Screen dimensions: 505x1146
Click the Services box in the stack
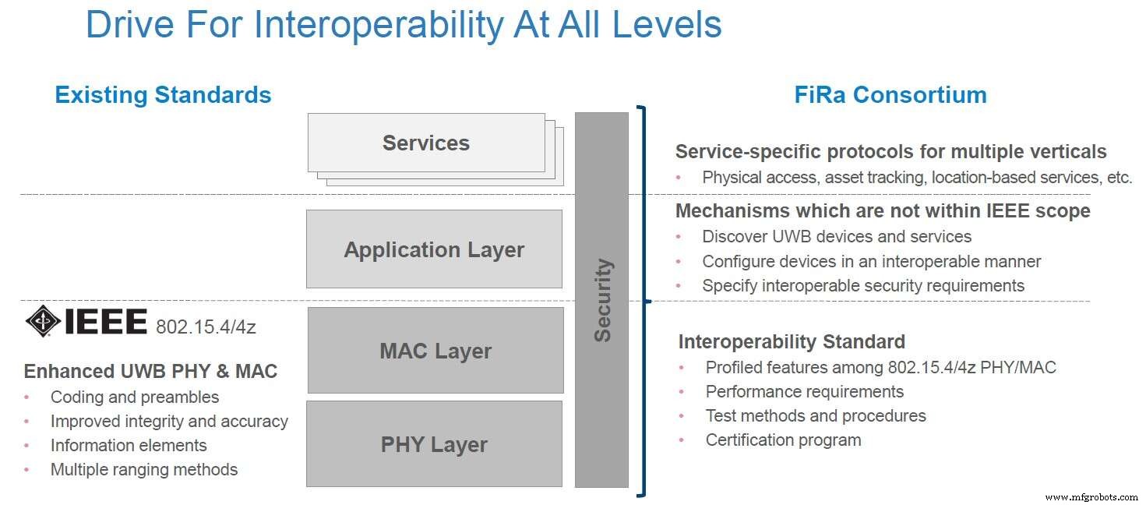[x=426, y=143]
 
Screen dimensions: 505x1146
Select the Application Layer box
[x=434, y=249]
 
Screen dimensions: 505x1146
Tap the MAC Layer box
[x=435, y=351]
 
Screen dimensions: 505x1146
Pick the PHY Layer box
[x=434, y=444]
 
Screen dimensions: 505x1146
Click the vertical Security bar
[x=601, y=300]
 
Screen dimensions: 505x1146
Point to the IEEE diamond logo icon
[x=42, y=321]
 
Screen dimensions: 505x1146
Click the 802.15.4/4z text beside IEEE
[x=206, y=327]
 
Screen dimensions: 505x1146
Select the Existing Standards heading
[x=163, y=95]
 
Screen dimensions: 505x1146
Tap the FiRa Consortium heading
[x=890, y=95]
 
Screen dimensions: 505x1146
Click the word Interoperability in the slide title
[x=379, y=25]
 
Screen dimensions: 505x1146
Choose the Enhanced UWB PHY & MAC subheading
[x=150, y=371]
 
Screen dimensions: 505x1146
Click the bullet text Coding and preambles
[x=135, y=397]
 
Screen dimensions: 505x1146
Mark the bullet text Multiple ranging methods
[x=144, y=469]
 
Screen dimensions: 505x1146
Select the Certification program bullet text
[x=783, y=440]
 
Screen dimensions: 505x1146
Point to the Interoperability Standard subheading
[x=792, y=341]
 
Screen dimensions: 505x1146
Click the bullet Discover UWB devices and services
[x=837, y=236]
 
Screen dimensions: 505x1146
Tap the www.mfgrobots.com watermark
[x=1091, y=496]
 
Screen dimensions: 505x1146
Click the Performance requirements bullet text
[x=805, y=391]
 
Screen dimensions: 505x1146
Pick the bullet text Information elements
[x=129, y=445]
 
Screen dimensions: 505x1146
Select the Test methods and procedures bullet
[x=816, y=415]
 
